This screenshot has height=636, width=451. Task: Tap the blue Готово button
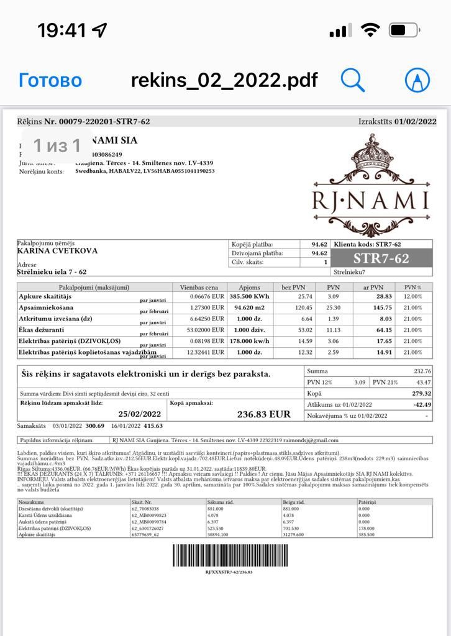50,80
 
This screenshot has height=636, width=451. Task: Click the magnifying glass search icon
352,79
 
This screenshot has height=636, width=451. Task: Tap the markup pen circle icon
417,79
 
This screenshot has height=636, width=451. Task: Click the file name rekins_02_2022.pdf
224,80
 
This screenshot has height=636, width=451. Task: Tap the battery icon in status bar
404,30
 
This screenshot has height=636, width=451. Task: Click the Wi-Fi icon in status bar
371,30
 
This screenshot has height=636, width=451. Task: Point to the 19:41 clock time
63,30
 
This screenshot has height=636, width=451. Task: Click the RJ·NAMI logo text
370,201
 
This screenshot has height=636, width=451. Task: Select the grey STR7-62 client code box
381,258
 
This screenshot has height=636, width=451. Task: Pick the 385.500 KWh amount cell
249,297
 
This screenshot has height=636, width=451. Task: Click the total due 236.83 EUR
263,414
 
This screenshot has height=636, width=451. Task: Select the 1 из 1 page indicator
57,145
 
